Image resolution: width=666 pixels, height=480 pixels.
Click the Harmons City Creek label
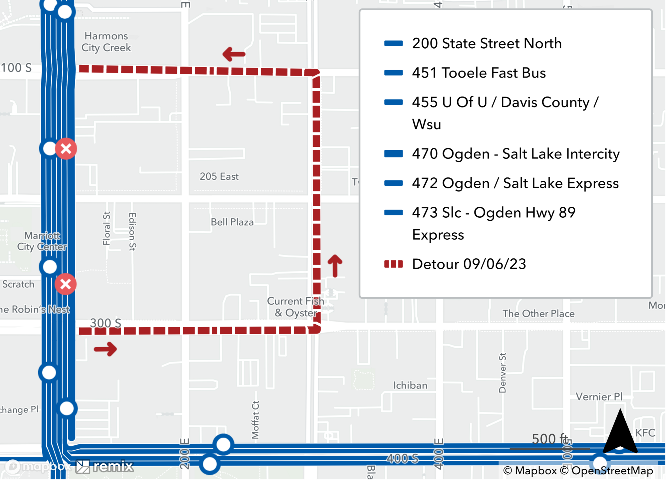pyautogui.click(x=106, y=42)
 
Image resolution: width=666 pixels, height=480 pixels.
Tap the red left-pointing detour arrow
pyautogui.click(x=234, y=54)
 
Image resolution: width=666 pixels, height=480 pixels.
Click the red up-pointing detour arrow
pyautogui.click(x=335, y=266)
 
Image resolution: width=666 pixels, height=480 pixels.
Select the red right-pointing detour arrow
pyautogui.click(x=105, y=349)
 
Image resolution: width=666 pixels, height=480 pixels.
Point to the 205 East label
pyautogui.click(x=219, y=176)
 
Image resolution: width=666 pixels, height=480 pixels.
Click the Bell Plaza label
pyautogui.click(x=232, y=222)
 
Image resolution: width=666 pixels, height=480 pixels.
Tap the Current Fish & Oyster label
pyautogui.click(x=295, y=307)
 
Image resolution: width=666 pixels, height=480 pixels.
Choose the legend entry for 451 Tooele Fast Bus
pyautogui.click(x=479, y=73)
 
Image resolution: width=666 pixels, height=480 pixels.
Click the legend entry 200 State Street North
pyautogui.click(x=487, y=44)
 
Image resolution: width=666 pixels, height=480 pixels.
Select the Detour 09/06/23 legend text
pyautogui.click(x=469, y=264)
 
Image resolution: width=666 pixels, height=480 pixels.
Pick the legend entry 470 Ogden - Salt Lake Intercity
pyautogui.click(x=515, y=154)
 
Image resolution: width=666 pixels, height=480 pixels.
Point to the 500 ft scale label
pyautogui.click(x=549, y=439)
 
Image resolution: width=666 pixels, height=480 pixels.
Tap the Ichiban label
pyautogui.click(x=410, y=385)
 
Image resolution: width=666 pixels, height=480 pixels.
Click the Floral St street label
pyautogui.click(x=107, y=228)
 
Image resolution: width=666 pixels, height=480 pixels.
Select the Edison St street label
pyautogui.click(x=132, y=231)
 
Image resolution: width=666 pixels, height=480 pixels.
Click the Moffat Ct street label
pyautogui.click(x=255, y=420)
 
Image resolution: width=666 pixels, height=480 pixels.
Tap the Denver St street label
pyautogui.click(x=502, y=373)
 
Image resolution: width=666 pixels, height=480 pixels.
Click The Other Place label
pyautogui.click(x=538, y=314)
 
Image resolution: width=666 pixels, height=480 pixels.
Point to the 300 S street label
pyautogui.click(x=106, y=323)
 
